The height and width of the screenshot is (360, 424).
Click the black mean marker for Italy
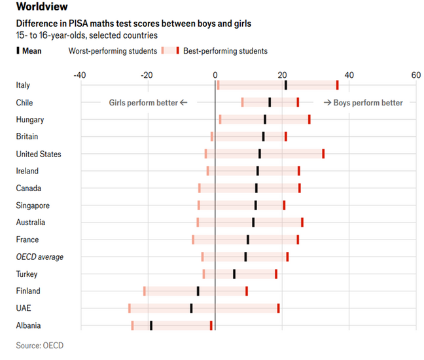(286, 85)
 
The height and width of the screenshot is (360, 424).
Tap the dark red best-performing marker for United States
(323, 154)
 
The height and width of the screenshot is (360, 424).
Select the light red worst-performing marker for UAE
(130, 308)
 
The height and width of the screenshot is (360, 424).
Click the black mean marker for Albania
(151, 325)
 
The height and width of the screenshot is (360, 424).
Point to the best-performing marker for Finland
(247, 291)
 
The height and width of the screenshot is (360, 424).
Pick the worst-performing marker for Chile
(242, 102)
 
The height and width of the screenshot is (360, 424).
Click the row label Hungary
(30, 120)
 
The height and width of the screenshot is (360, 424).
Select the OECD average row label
(40, 257)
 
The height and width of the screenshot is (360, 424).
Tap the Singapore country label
(33, 206)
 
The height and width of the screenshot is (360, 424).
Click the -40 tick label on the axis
(79, 75)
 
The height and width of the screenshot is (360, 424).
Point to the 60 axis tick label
(415, 75)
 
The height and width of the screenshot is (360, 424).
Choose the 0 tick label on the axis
(215, 75)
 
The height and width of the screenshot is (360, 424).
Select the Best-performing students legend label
(225, 50)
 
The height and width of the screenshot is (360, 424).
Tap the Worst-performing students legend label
(113, 50)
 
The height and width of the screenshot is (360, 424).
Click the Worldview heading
(40, 7)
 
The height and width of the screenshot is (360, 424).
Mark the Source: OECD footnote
(40, 345)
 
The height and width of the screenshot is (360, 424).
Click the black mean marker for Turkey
(234, 274)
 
